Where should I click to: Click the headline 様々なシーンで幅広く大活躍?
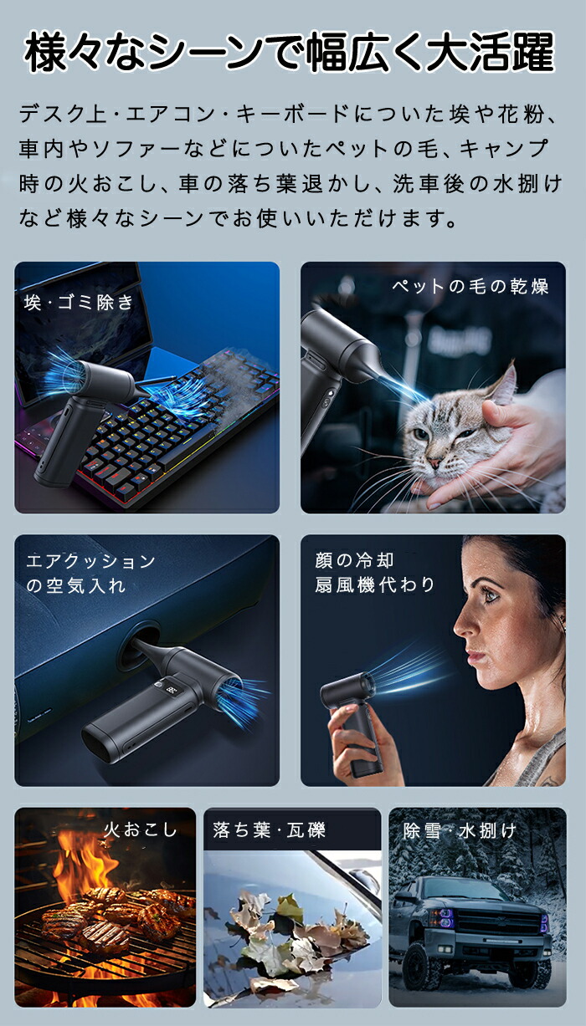pos(290,53)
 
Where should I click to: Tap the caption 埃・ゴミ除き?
pos(79,303)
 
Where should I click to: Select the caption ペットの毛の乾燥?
pos(470,286)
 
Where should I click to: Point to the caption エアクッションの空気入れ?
pos(90,573)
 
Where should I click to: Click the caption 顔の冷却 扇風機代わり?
pos(374,573)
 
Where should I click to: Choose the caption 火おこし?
pos(141,829)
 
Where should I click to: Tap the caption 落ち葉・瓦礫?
pos(270,829)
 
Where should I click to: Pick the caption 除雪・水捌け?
pos(460,830)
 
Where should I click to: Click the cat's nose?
pos(434,462)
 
